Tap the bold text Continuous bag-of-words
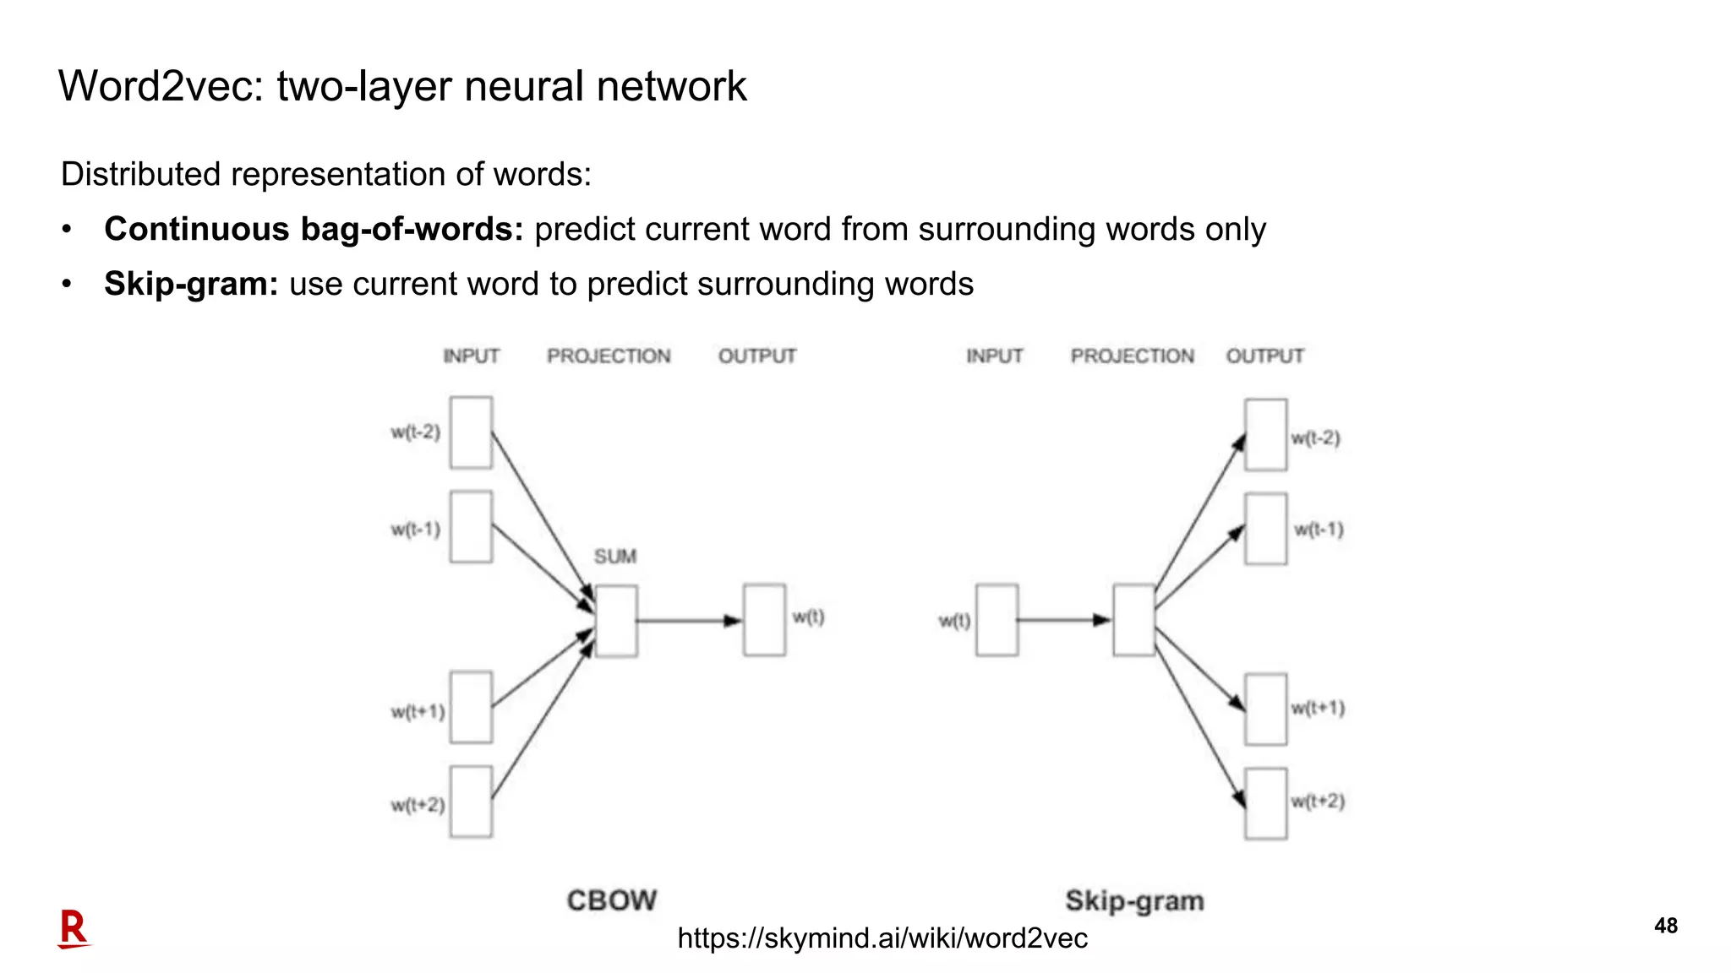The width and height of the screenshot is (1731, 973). pos(314,229)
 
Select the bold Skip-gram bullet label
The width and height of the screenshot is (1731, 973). pos(191,284)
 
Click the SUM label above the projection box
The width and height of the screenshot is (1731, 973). pos(614,557)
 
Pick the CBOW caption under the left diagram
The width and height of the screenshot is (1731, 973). pos(611,900)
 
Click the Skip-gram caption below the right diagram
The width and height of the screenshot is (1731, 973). pos(1134,900)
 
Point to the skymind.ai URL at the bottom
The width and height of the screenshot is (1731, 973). pos(882,938)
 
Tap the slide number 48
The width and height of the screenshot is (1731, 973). pos(1665,926)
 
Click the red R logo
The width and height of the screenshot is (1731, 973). pos(74,929)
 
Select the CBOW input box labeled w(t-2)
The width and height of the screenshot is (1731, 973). pos(471,432)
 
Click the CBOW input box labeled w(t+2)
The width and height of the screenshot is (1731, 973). pos(471,802)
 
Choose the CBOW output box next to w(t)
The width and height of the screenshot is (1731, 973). pos(764,620)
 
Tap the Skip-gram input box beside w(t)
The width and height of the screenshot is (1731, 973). pos(997,620)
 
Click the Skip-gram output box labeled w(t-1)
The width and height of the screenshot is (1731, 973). pos(1265,529)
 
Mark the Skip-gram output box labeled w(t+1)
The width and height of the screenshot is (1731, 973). pos(1265,709)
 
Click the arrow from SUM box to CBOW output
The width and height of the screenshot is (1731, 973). pos(688,621)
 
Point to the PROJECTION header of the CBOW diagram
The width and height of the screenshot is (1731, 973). pos(609,356)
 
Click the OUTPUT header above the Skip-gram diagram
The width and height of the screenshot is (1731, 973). pos(1264,356)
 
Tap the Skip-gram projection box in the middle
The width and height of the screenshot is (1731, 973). pos(1133,620)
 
